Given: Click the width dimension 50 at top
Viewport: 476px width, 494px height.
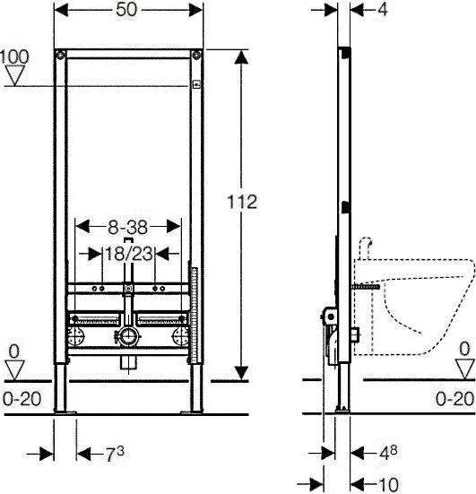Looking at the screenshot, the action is (x=126, y=10).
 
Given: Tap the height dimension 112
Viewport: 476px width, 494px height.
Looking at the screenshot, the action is (x=242, y=202).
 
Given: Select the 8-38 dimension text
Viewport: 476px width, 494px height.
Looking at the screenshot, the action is (x=127, y=227).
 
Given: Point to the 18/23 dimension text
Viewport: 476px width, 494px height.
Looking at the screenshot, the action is (x=129, y=254).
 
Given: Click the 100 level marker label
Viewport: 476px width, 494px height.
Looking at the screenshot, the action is (x=14, y=56).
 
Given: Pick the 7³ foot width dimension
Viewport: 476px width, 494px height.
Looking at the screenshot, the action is (x=115, y=455).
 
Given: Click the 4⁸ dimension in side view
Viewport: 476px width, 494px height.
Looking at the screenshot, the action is (x=388, y=453).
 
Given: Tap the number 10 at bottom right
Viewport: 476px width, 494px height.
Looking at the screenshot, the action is (x=388, y=484).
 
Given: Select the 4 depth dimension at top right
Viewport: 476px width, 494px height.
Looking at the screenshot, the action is (x=383, y=10).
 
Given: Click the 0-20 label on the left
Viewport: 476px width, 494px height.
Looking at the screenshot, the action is (x=22, y=399).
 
